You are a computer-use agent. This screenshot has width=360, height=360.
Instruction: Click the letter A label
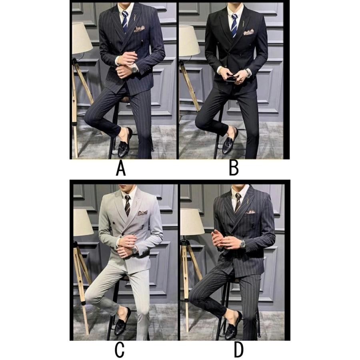121,168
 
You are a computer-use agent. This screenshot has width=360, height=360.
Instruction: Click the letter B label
234,168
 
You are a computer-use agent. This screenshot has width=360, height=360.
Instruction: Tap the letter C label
119,350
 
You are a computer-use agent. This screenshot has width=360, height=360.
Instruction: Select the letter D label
238,350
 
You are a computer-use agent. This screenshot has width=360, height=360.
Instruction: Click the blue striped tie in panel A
125,22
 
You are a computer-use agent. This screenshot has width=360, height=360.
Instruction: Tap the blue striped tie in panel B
234,25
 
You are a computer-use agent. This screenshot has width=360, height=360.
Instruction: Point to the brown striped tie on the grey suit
128,206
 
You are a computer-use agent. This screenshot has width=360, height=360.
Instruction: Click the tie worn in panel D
238,202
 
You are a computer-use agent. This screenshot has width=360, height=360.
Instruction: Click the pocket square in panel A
140,29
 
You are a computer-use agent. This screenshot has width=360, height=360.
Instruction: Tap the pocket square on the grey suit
142,213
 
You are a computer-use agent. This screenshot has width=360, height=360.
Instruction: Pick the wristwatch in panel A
134,68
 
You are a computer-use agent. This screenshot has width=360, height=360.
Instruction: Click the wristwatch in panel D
242,244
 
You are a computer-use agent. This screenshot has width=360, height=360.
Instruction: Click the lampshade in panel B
190,40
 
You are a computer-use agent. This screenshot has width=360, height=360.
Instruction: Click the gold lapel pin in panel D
248,200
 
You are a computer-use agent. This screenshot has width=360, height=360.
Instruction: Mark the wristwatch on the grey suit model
135,249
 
